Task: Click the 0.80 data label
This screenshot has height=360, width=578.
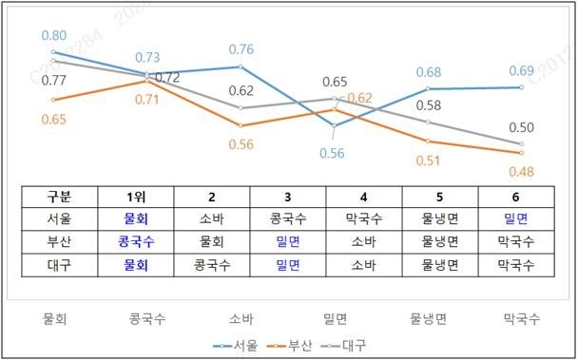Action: tap(53, 35)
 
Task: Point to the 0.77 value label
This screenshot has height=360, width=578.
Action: tap(53, 82)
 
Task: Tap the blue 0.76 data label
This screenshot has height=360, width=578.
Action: tap(241, 50)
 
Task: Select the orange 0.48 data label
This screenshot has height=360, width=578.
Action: tap(521, 172)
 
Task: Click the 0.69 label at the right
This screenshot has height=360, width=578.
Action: tap(521, 71)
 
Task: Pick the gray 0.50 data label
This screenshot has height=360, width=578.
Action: tap(521, 128)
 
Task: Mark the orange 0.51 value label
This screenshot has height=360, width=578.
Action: tap(429, 161)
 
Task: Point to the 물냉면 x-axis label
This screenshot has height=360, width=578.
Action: tap(429, 318)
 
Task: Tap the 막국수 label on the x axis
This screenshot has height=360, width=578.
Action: tap(521, 318)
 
